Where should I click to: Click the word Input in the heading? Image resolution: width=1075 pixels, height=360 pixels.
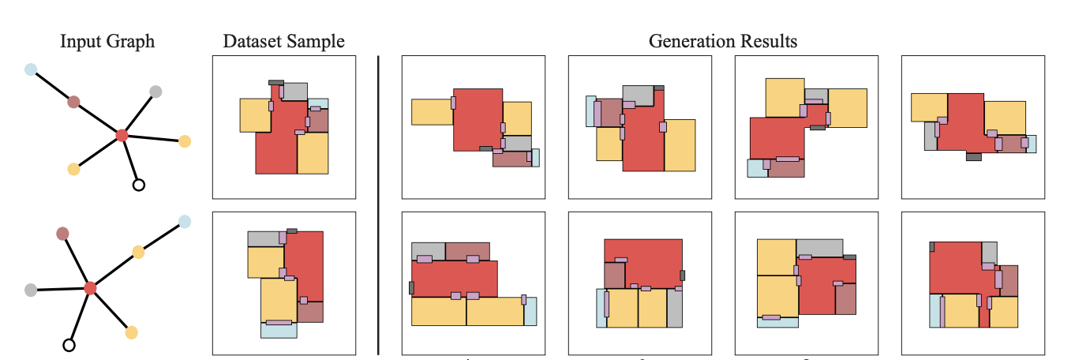click(x=77, y=41)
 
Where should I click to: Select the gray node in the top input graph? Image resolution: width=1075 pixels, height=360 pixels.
click(x=155, y=92)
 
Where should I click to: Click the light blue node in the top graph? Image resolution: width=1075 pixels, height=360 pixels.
click(x=31, y=69)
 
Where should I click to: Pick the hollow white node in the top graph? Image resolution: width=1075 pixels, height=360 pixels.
click(x=139, y=186)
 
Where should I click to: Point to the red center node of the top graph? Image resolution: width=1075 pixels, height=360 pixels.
click(x=122, y=136)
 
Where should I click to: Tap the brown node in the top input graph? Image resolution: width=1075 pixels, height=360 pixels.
click(x=73, y=102)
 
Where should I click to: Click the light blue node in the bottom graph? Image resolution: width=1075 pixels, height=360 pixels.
click(x=185, y=222)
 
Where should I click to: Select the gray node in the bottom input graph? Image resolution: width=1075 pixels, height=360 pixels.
click(x=31, y=290)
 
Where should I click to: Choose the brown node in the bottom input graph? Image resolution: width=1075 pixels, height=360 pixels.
click(x=63, y=233)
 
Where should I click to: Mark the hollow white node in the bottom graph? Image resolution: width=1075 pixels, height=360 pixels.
click(x=69, y=344)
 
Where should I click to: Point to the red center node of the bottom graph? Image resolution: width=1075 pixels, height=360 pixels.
click(x=90, y=288)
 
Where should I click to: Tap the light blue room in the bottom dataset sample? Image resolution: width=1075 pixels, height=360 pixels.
click(x=279, y=331)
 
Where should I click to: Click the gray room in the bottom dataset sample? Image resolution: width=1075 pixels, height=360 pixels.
click(x=264, y=238)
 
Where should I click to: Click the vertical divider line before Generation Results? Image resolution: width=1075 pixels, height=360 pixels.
click(x=379, y=205)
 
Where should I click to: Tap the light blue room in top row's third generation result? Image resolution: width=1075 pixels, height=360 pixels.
click(x=755, y=169)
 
